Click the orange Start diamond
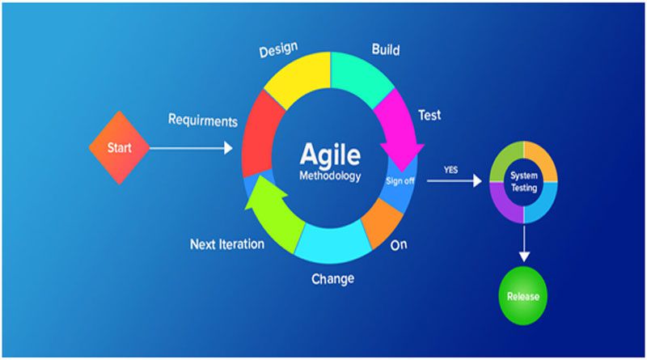tap(119, 147)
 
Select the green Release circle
tap(523, 296)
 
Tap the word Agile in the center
tap(330, 155)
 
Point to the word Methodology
tap(330, 176)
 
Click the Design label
tap(278, 49)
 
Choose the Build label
tap(386, 49)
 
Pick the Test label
tap(429, 115)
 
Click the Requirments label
tap(203, 121)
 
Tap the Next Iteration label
tap(227, 244)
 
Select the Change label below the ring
tap(333, 278)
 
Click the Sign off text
tap(400, 181)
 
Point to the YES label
tap(450, 170)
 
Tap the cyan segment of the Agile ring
tap(332, 244)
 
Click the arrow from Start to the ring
tap(191, 148)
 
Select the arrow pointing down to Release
tap(524, 244)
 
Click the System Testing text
tap(523, 182)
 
